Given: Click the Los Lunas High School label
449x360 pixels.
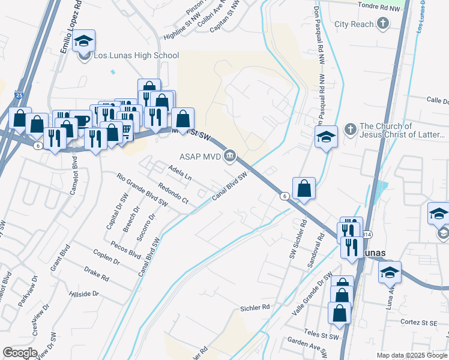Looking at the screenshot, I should [136, 56].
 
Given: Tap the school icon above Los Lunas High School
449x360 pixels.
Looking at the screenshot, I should [84, 41].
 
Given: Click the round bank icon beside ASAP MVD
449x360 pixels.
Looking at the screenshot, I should [230, 157].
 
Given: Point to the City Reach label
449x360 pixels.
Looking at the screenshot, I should [354, 24].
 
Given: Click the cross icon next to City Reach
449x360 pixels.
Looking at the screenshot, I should [383, 24].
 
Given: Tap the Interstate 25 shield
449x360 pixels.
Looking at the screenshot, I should [19, 95].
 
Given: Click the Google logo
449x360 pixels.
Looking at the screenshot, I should [20, 353].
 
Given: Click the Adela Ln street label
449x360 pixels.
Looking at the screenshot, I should [180, 174].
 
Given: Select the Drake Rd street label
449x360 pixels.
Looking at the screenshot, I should [97, 275].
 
